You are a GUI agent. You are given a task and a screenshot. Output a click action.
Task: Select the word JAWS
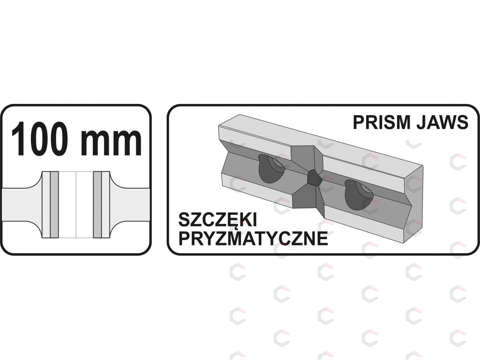coord(442,123)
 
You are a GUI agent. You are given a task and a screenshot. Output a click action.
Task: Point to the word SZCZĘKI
coord(218,220)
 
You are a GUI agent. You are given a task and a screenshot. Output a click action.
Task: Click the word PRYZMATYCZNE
coord(253,239)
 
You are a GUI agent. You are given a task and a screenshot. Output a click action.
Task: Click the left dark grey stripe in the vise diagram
coord(54,205)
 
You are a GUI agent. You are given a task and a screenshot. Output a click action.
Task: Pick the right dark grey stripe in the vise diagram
coord(98,205)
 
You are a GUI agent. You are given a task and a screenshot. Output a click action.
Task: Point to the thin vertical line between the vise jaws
coord(76,205)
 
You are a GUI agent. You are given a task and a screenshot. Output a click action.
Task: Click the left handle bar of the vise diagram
coord(21,205)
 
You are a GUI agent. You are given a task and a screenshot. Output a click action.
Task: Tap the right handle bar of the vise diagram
coord(131,205)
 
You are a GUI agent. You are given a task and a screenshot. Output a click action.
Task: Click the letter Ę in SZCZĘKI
coord(234,221)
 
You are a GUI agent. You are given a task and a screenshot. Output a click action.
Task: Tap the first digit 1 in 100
coord(19,139)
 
